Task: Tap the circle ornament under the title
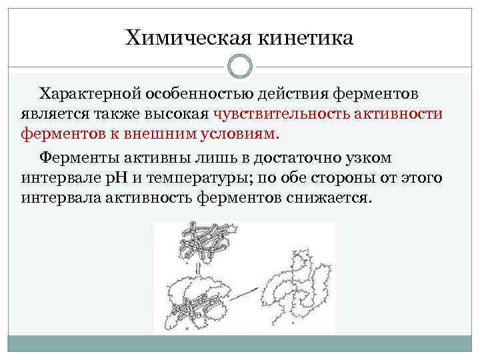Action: tap(240, 66)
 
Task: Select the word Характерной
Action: tap(91, 94)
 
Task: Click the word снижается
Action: tap(333, 199)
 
